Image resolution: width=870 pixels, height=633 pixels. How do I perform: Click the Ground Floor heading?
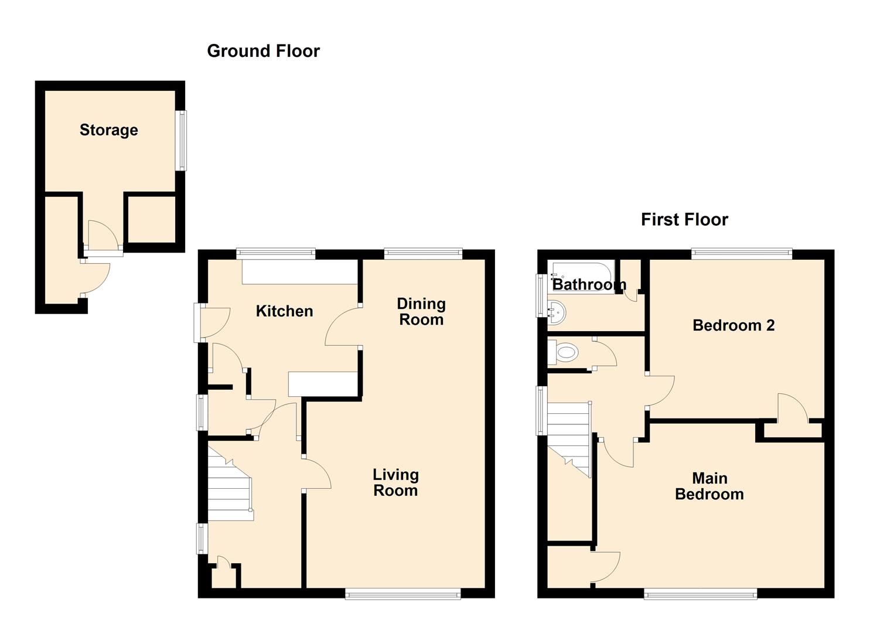pyautogui.click(x=263, y=51)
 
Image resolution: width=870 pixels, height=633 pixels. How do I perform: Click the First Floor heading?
pyautogui.click(x=684, y=219)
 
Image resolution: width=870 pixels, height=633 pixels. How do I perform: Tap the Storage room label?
pyautogui.click(x=109, y=130)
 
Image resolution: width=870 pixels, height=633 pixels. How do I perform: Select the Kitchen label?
pyautogui.click(x=284, y=311)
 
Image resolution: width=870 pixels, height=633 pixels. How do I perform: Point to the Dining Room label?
pyautogui.click(x=421, y=311)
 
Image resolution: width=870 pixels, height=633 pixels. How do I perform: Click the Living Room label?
pyautogui.click(x=395, y=482)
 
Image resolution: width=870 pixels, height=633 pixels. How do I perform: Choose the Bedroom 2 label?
pyautogui.click(x=733, y=325)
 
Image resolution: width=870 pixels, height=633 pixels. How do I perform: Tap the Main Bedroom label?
pyautogui.click(x=709, y=486)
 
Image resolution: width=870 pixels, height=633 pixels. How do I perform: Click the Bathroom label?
pyautogui.click(x=589, y=284)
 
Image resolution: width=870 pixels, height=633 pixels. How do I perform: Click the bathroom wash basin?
pyautogui.click(x=556, y=312)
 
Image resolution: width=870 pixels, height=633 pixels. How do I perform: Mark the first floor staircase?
pyautogui.click(x=568, y=437)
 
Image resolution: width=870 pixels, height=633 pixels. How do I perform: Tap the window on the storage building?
pyautogui.click(x=182, y=141)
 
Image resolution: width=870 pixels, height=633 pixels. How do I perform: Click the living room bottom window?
pyautogui.click(x=402, y=594)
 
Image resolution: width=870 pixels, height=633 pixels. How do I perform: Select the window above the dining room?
pyautogui.click(x=423, y=254)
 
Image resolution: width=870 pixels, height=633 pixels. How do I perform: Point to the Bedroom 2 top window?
pyautogui.click(x=742, y=254)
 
